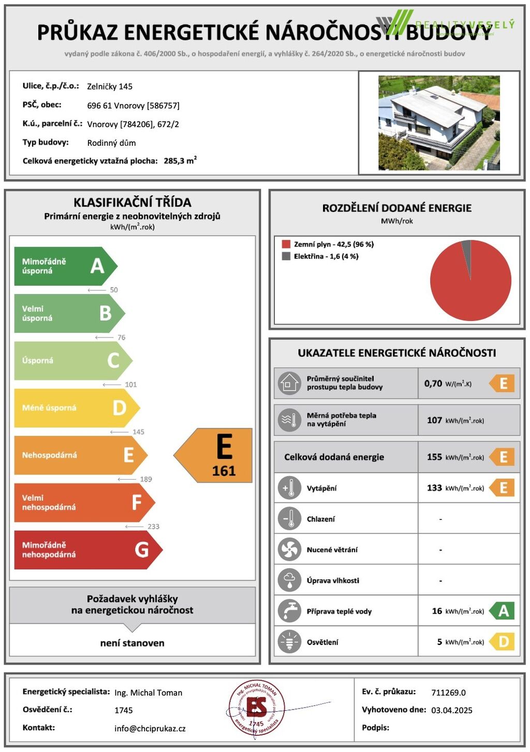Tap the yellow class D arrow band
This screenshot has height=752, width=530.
click(x=75, y=408)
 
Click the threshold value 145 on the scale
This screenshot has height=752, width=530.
click(x=138, y=432)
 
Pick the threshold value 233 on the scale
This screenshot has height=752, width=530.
click(x=153, y=527)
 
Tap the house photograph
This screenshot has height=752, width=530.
click(x=439, y=123)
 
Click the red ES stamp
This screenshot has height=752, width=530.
click(x=256, y=708)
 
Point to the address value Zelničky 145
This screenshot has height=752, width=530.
click(x=110, y=87)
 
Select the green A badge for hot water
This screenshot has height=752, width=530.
click(x=503, y=611)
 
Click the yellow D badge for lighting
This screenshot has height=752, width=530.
click(x=503, y=642)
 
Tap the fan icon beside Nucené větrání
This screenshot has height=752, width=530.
click(x=289, y=550)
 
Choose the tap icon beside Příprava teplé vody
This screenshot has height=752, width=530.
click(x=289, y=611)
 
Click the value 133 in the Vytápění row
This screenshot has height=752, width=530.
click(x=434, y=488)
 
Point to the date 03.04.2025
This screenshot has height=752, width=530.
click(x=452, y=711)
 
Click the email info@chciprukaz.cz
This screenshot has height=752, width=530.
click(x=150, y=729)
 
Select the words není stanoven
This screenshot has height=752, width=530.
click(x=132, y=643)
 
